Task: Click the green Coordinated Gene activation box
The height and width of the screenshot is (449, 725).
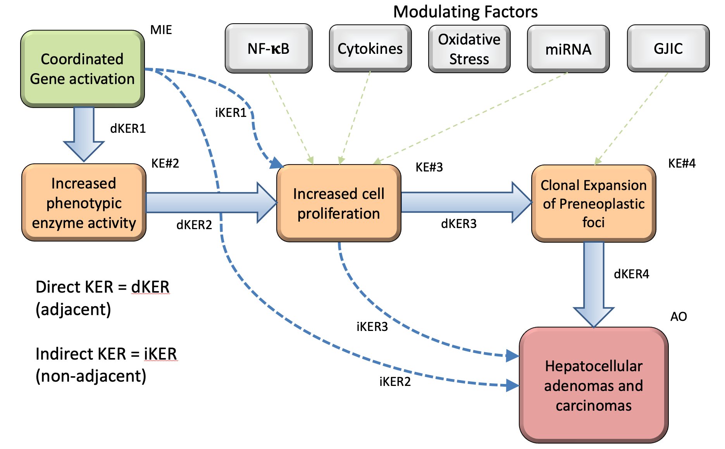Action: pyautogui.click(x=83, y=69)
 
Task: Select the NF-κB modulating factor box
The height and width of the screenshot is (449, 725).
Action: pyautogui.click(x=269, y=49)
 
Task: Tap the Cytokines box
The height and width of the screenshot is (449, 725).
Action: pyautogui.click(x=370, y=49)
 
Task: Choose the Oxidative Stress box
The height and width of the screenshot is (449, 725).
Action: pyautogui.click(x=469, y=49)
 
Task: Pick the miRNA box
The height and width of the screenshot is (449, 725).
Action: pyautogui.click(x=568, y=49)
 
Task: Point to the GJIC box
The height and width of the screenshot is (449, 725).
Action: pyautogui.click(x=668, y=49)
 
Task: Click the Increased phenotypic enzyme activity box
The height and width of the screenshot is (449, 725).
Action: pyautogui.click(x=84, y=203)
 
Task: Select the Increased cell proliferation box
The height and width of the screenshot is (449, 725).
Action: pyautogui.click(x=339, y=204)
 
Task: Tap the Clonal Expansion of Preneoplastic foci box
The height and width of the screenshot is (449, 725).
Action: pyautogui.click(x=594, y=204)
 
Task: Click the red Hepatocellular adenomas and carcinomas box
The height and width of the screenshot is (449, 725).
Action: pyautogui.click(x=594, y=386)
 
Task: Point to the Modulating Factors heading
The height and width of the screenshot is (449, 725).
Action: pyautogui.click(x=465, y=12)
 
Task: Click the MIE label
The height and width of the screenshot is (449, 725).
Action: pyautogui.click(x=161, y=30)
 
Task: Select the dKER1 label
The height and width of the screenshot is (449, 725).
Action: pyautogui.click(x=128, y=129)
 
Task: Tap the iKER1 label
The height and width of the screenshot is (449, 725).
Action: pyautogui.click(x=231, y=113)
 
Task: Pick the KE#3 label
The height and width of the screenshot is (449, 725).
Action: pyautogui.click(x=429, y=167)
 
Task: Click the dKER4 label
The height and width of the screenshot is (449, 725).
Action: pyautogui.click(x=631, y=274)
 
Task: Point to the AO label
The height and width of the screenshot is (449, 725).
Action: pyautogui.click(x=679, y=317)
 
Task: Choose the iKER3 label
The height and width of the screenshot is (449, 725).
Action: pyautogui.click(x=372, y=327)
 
